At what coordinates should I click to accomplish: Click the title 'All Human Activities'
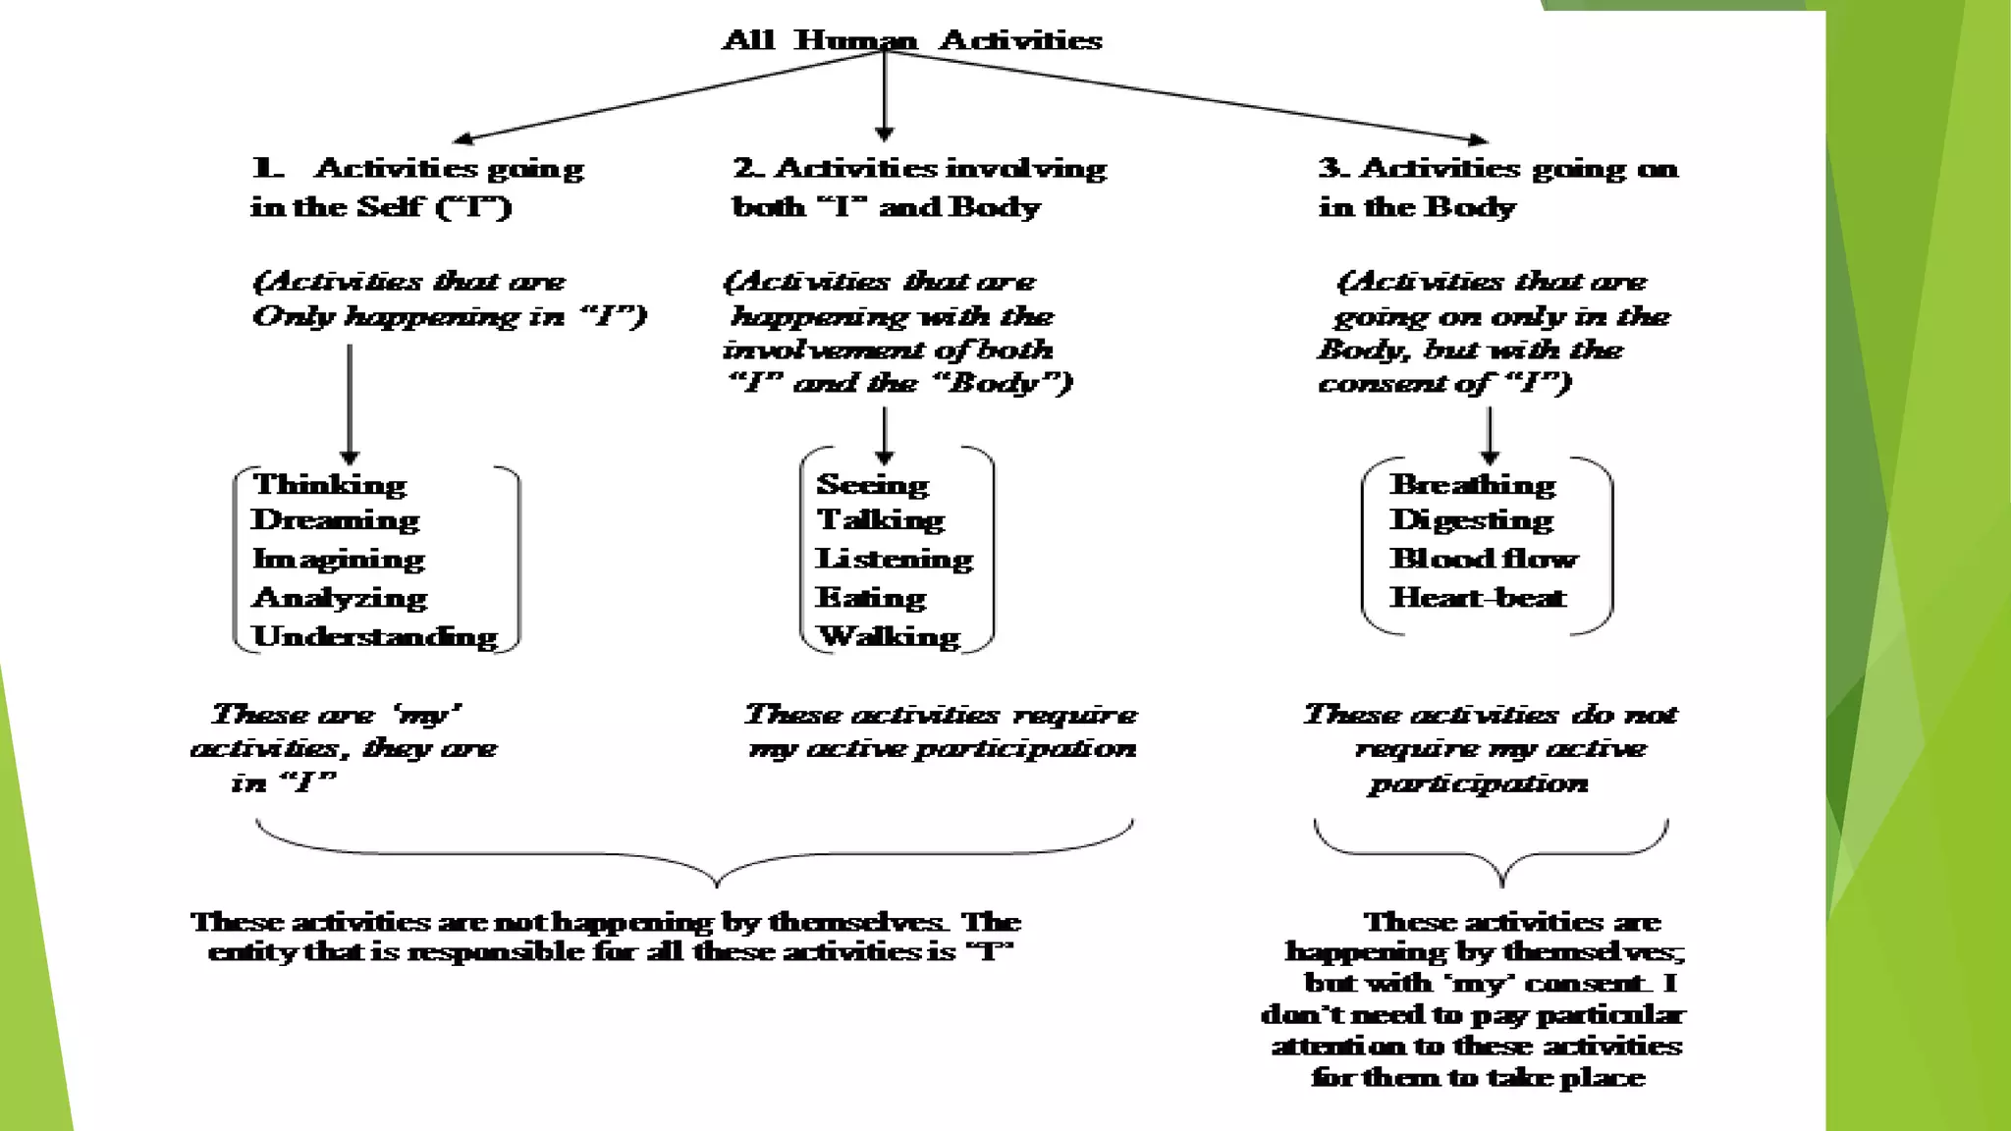[x=912, y=40]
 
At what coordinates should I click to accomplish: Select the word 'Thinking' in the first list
[x=329, y=484]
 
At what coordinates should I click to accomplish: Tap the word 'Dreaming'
[x=335, y=519]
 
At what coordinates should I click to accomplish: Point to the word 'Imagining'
[x=339, y=559]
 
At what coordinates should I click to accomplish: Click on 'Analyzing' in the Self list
[x=340, y=597]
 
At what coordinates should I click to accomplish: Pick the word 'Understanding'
[x=375, y=636]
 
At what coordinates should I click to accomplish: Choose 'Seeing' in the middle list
[x=872, y=484]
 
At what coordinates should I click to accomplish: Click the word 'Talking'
[x=881, y=519]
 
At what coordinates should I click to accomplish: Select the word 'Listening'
[x=895, y=559]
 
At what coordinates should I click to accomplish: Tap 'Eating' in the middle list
[x=871, y=597]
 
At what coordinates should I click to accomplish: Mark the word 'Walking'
[x=890, y=636]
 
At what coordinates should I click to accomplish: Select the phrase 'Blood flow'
[x=1484, y=559]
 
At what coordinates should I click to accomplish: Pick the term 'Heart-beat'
[x=1478, y=597]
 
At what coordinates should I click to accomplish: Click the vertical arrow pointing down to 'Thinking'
[x=350, y=403]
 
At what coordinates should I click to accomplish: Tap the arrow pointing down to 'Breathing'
[x=1490, y=435]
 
